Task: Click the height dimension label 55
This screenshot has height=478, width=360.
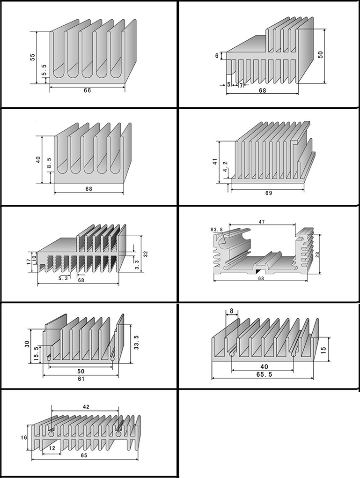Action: [32, 57]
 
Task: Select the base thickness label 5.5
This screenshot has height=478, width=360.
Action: [44, 73]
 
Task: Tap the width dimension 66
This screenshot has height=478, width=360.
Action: [87, 90]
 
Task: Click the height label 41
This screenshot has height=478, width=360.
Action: [214, 162]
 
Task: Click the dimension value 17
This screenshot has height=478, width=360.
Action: [29, 259]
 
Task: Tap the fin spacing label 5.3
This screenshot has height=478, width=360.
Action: [63, 279]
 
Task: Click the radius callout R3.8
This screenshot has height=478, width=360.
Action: [218, 230]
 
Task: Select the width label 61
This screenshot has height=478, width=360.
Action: [81, 379]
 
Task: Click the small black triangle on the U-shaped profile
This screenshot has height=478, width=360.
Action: [258, 271]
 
